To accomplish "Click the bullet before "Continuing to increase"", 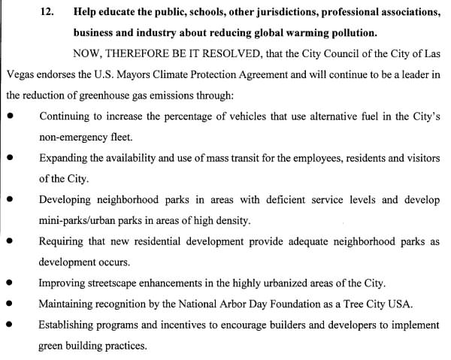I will click(9, 117).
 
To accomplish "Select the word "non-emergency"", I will click(73, 138).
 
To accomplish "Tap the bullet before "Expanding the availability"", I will click(9, 159).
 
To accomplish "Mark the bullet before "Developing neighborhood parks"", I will click(9, 201).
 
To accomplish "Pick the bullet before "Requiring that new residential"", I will click(9, 242).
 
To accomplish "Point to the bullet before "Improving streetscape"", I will click(9, 283).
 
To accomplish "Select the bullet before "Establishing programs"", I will click(9, 325).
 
